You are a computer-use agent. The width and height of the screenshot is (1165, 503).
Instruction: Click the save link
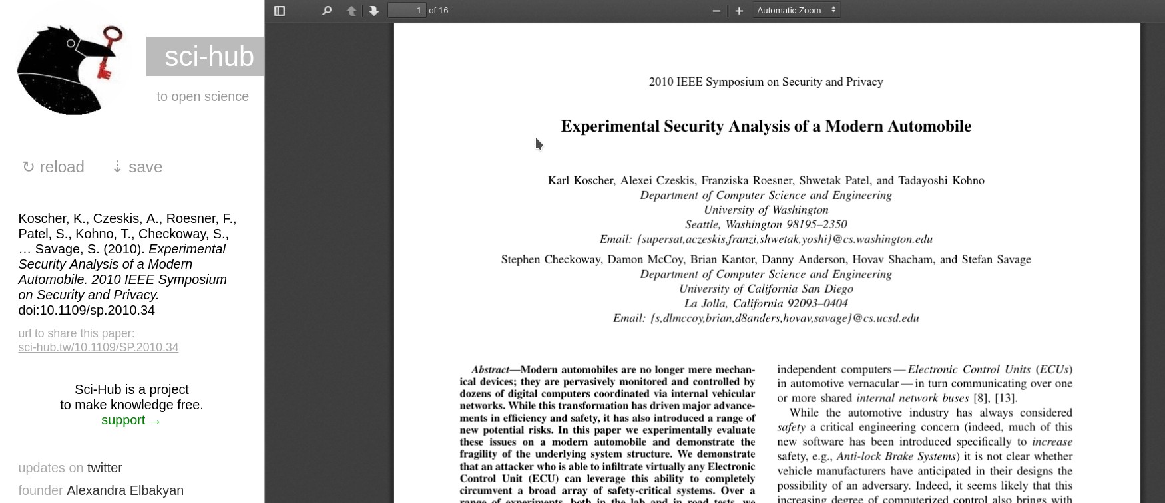tap(137, 167)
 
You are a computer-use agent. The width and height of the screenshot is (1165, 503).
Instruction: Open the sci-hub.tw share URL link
tap(98, 347)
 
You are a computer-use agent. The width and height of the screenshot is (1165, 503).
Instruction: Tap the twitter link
tap(105, 468)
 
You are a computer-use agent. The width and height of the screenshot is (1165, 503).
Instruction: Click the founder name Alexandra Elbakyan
tap(125, 490)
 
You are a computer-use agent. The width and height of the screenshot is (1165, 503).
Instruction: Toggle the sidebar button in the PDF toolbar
tap(280, 11)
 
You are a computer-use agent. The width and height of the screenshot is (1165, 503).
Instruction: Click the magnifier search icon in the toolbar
tap(326, 11)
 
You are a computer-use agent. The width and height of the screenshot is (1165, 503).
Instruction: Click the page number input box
tap(407, 10)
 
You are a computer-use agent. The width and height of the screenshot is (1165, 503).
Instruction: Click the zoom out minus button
tap(716, 11)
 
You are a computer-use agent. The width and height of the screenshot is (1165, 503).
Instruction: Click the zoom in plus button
tap(739, 11)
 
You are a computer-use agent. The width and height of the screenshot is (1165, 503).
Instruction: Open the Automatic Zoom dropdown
tap(796, 10)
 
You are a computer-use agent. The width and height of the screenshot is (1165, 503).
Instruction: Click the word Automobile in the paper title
tap(931, 126)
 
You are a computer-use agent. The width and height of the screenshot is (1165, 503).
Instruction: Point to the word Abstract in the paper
tap(490, 369)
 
